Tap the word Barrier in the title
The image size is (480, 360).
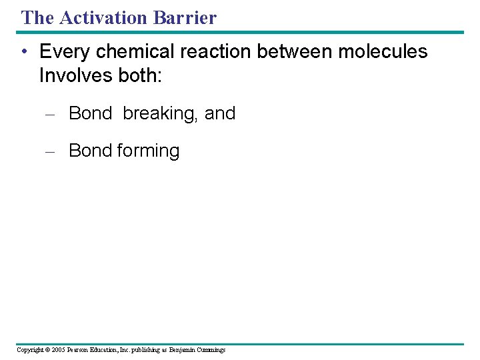pyautogui.click(x=185, y=17)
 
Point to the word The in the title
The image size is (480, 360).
pyautogui.click(x=36, y=17)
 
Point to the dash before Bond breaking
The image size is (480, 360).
pyautogui.click(x=49, y=114)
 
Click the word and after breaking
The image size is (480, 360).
pyautogui.click(x=220, y=114)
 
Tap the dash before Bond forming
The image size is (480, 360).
pyautogui.click(x=49, y=151)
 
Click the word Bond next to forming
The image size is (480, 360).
pyautogui.click(x=90, y=151)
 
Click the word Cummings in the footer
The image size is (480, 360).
pyautogui.click(x=210, y=350)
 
